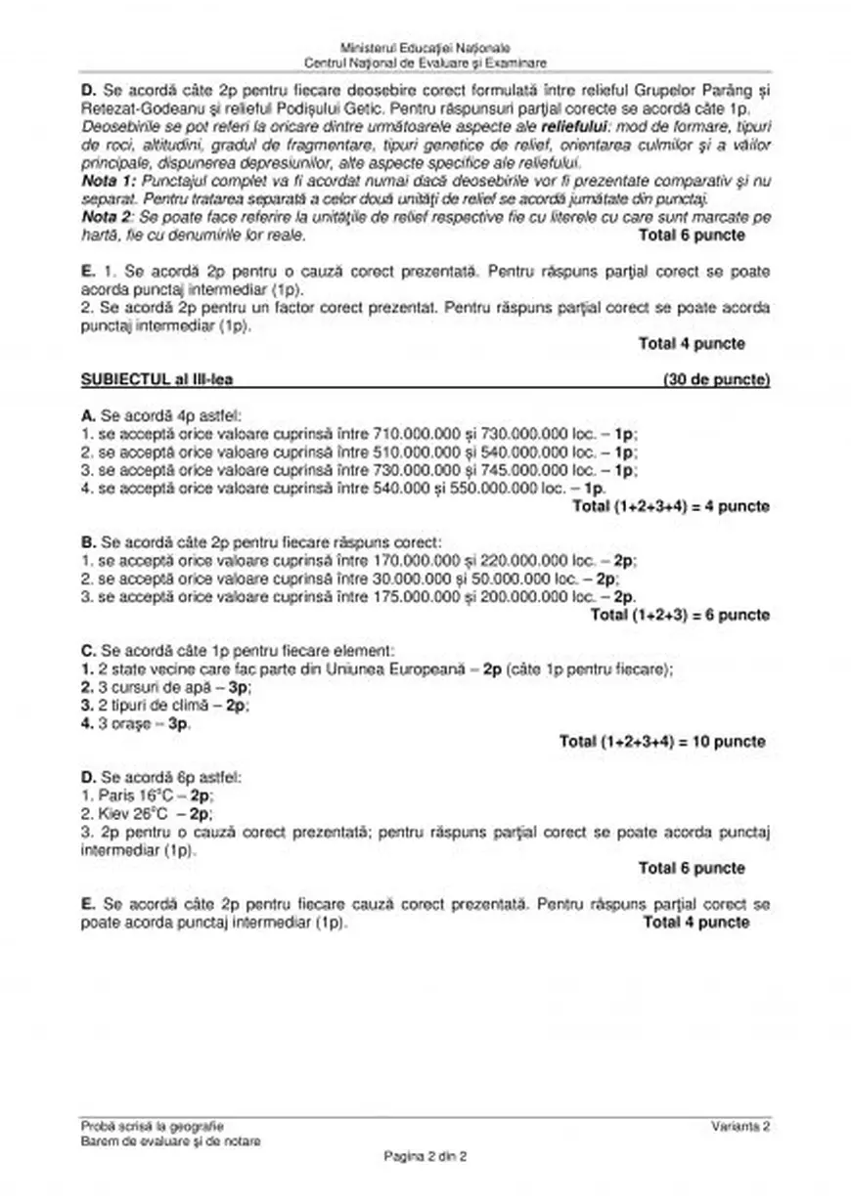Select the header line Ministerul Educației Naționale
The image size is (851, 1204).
click(425, 48)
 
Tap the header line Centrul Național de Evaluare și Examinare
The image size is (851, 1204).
click(425, 63)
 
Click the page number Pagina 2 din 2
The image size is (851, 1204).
click(425, 1156)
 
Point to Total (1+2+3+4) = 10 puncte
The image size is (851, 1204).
click(662, 742)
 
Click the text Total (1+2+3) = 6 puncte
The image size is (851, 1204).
click(680, 615)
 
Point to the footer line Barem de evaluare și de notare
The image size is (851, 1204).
click(171, 1141)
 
